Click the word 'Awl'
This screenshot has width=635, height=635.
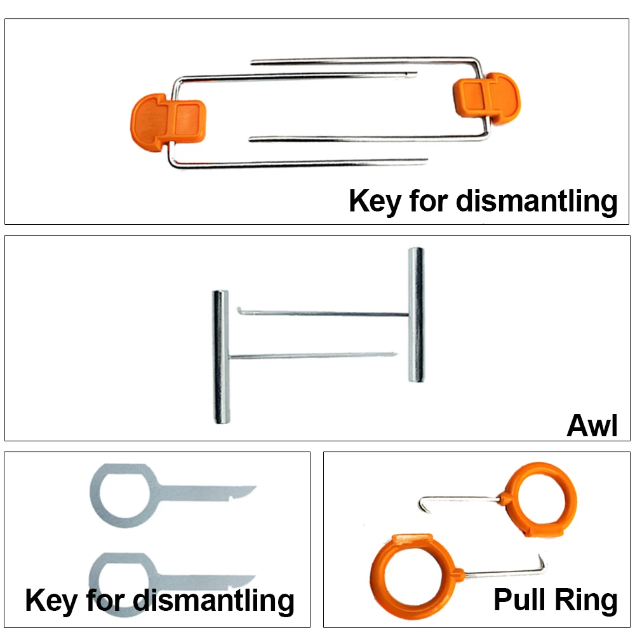[591, 426]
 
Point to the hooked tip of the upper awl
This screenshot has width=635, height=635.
[241, 311]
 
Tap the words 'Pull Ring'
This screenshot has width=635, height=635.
[555, 599]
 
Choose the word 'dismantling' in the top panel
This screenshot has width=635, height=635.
[537, 201]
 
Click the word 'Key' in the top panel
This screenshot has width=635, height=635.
[375, 201]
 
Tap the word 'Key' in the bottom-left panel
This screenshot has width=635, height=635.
[51, 600]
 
